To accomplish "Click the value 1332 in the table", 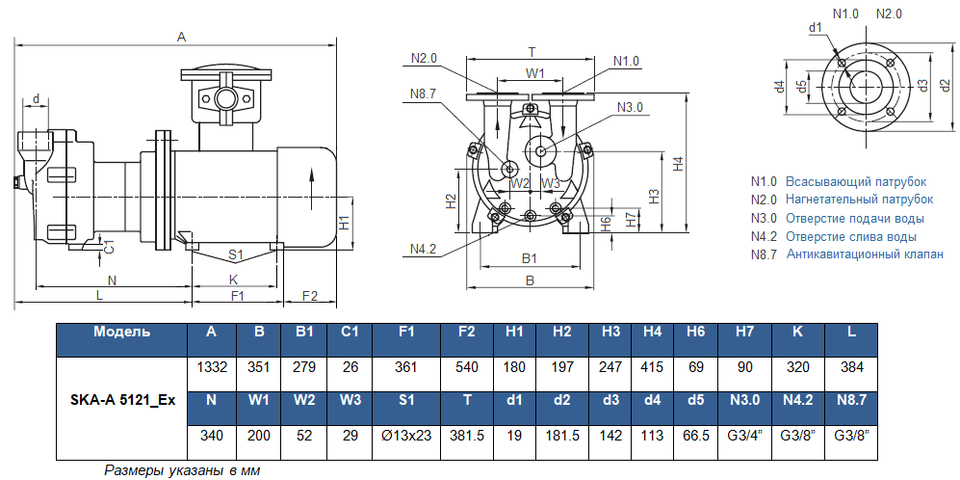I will pyautogui.click(x=211, y=367).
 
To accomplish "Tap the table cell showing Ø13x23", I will pyautogui.click(x=405, y=436).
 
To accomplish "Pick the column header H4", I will pyautogui.click(x=653, y=332).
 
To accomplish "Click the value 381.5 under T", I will pyautogui.click(x=467, y=436).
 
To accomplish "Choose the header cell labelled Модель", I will pyautogui.click(x=121, y=332).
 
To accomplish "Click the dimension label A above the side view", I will pyautogui.click(x=180, y=37).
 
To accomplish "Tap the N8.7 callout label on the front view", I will pyautogui.click(x=424, y=93).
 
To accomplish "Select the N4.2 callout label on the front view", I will pyautogui.click(x=424, y=249).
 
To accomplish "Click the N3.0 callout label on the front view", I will pyautogui.click(x=631, y=106).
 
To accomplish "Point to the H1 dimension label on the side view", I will pyautogui.click(x=345, y=224).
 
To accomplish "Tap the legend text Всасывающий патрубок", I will pyautogui.click(x=855, y=181).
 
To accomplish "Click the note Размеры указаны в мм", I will pyautogui.click(x=183, y=470).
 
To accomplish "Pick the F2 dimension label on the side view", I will pyautogui.click(x=310, y=295).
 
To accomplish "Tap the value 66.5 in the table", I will pyautogui.click(x=696, y=436).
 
